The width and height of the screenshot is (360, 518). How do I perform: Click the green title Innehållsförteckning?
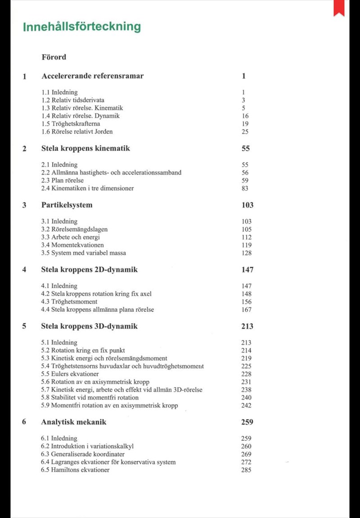pyautogui.click(x=82, y=27)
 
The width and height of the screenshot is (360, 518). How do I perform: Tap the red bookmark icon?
pyautogui.click(x=338, y=8)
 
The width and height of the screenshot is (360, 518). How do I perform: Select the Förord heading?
pyautogui.click(x=54, y=57)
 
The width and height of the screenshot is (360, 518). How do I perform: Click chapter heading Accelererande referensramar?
pyautogui.click(x=93, y=76)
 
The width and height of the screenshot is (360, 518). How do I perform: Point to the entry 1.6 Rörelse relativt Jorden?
pyautogui.click(x=77, y=132)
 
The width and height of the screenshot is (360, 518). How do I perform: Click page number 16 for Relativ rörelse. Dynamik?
pyautogui.click(x=245, y=116)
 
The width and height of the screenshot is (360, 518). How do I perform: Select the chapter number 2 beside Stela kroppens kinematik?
pyautogui.click(x=24, y=149)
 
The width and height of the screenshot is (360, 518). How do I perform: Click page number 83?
pyautogui.click(x=245, y=189)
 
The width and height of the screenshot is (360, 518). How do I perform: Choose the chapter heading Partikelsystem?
pyautogui.click(x=67, y=205)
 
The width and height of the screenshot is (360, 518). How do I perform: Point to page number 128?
pyautogui.click(x=247, y=253)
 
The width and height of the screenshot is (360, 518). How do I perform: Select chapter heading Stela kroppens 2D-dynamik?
pyautogui.click(x=90, y=270)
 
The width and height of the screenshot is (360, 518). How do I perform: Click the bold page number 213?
pyautogui.click(x=247, y=326)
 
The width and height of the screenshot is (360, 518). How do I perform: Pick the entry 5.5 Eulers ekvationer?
pyautogui.click(x=70, y=374)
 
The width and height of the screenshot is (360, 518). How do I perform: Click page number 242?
pyautogui.click(x=247, y=405)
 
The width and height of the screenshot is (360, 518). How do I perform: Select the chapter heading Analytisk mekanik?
pyautogui.click(x=74, y=423)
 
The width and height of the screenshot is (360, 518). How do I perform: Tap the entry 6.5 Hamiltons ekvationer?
pyautogui.click(x=75, y=470)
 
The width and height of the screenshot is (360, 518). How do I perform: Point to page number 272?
pyautogui.click(x=247, y=462)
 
